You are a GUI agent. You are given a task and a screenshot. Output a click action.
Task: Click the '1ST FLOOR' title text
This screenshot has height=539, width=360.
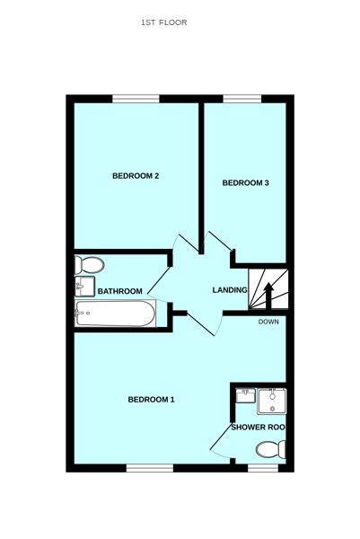(164, 22)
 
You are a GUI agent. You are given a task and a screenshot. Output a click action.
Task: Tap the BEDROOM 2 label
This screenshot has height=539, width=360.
(136, 176)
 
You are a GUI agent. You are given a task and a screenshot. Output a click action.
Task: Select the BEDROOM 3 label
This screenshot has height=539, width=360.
(246, 183)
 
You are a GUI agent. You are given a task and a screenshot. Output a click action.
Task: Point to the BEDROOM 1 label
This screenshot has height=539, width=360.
(151, 400)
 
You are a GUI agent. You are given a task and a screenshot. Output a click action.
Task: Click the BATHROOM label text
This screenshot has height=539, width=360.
(120, 291)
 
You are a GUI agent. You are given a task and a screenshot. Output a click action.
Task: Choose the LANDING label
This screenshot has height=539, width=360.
(229, 290)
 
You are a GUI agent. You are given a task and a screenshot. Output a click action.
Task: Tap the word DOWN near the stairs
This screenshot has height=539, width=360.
(268, 322)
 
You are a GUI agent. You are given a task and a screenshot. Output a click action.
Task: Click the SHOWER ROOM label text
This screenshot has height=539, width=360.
(259, 428)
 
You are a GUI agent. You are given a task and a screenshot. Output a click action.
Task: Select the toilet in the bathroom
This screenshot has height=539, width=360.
(89, 265)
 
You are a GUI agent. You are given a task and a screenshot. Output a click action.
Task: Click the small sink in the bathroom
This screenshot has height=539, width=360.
(84, 287)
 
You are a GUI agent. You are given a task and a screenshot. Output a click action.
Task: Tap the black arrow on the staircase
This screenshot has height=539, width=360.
(267, 294)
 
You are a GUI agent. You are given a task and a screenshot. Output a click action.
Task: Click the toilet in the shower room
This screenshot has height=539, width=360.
(269, 449)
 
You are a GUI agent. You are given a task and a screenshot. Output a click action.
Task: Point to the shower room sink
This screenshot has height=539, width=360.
(245, 395)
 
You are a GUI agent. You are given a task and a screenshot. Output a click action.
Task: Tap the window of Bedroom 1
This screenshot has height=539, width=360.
(149, 467)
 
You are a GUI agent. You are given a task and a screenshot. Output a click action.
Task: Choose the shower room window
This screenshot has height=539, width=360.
(262, 467)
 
